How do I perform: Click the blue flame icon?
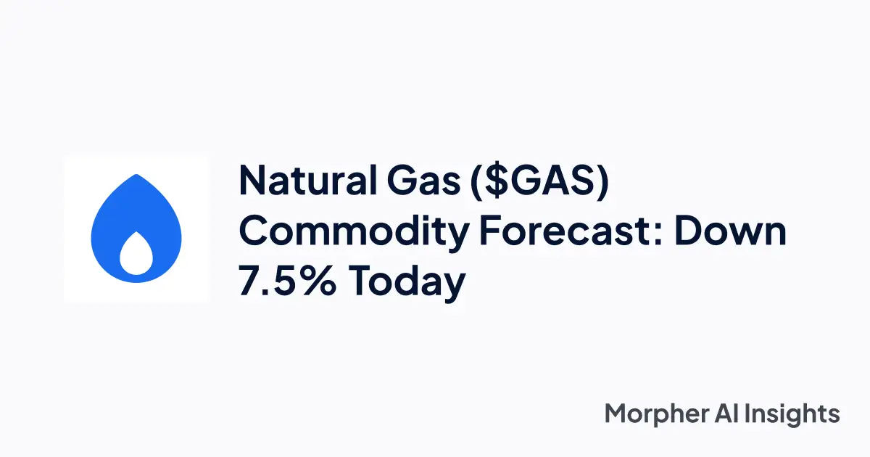pyautogui.click(x=136, y=228)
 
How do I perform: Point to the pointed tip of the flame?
pyautogui.click(x=137, y=176)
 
